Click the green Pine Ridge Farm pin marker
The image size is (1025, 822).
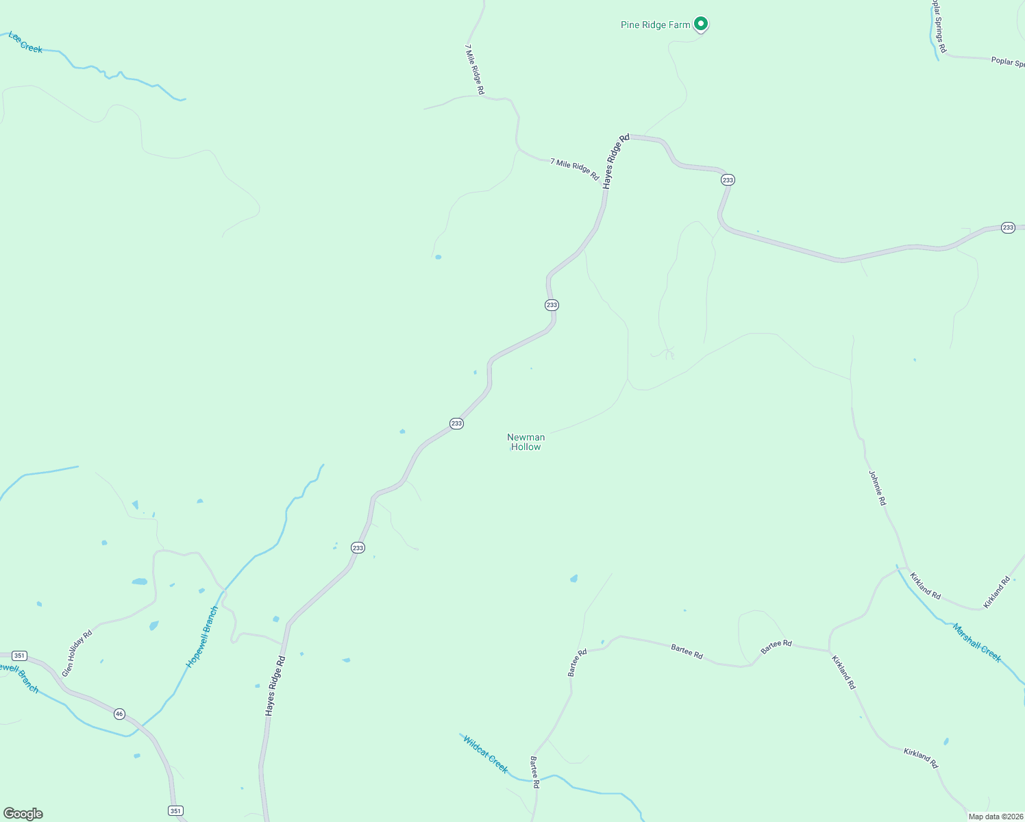(700, 24)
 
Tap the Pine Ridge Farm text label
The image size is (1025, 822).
(655, 25)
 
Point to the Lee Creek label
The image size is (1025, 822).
(25, 42)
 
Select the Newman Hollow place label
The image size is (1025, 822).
(526, 442)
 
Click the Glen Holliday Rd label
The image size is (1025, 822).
(77, 653)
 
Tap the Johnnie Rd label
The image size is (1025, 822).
(877, 488)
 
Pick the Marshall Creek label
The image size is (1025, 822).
(976, 643)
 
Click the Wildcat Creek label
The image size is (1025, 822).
(485, 754)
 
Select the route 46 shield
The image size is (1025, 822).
(120, 714)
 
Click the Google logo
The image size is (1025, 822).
(23, 814)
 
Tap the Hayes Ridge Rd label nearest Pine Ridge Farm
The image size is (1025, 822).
(616, 161)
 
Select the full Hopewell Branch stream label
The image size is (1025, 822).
(202, 637)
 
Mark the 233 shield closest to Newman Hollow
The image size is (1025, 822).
(456, 423)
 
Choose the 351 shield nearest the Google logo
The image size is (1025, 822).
(176, 811)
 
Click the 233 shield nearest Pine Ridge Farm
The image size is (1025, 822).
(728, 179)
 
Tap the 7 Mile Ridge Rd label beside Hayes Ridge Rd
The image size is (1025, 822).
(574, 169)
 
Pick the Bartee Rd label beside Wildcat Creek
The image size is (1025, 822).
(535, 772)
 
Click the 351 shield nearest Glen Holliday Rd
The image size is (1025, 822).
(19, 656)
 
